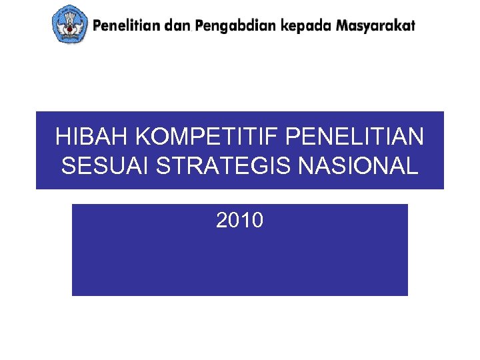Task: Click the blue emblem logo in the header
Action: tap(70, 24)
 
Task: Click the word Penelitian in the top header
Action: tap(127, 26)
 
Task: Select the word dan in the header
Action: tap(177, 26)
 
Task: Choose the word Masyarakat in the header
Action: tap(375, 27)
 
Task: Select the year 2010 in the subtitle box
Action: tap(239, 220)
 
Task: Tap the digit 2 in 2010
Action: tap(222, 220)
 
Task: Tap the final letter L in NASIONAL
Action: tap(413, 165)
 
